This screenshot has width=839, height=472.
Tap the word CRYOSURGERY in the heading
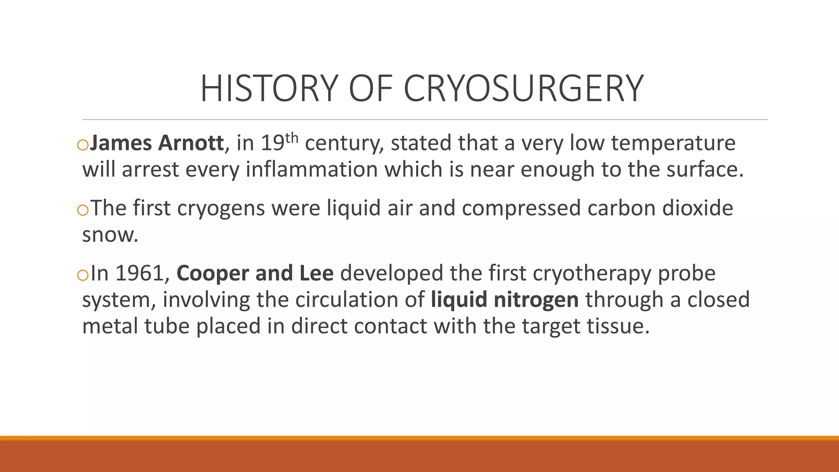[524, 88]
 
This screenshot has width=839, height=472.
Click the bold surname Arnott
[191, 143]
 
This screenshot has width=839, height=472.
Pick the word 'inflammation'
[311, 170]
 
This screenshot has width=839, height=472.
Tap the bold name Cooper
[212, 274]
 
